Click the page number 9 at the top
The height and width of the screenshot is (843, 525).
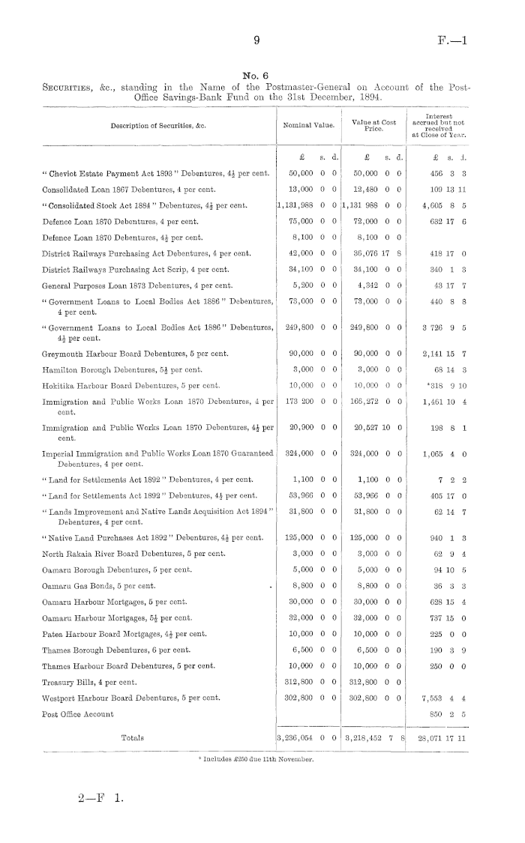tap(256, 43)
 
